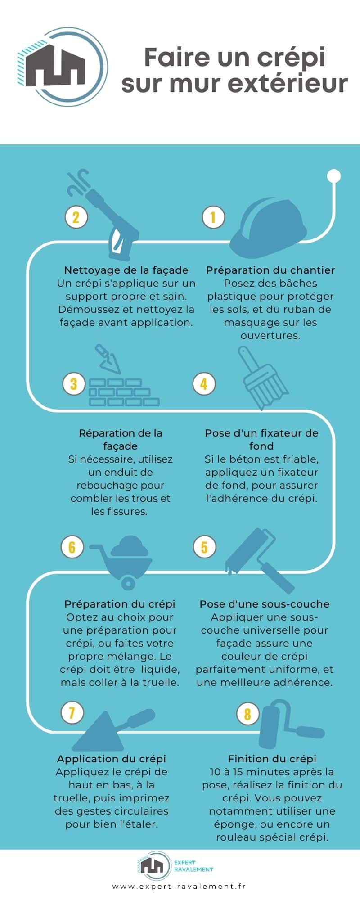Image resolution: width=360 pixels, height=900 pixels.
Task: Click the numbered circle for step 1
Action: point(213,217)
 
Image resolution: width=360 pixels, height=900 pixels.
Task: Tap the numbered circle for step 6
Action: point(72,547)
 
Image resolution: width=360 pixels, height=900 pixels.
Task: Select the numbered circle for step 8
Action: point(247,713)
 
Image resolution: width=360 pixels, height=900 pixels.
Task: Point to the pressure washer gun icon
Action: point(110,216)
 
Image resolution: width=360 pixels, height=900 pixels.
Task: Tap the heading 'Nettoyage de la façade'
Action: point(126,270)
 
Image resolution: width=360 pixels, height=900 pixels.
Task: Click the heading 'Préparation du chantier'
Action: point(270,270)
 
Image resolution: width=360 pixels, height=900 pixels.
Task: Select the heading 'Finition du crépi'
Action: point(272,759)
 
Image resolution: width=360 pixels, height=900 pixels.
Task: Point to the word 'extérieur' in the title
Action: point(297,84)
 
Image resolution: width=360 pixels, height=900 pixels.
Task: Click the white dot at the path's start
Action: point(333,175)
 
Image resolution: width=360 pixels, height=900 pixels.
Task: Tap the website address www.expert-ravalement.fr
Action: point(179,886)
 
